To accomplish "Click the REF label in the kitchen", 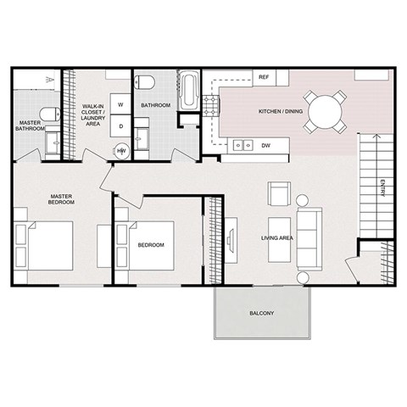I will [264, 76].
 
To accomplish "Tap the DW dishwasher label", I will [265, 146].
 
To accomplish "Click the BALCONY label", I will [261, 313].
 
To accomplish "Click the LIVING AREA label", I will [276, 238].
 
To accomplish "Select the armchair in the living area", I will [278, 194].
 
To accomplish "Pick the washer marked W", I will [120, 105].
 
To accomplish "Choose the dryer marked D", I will [120, 126].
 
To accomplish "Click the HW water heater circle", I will [121, 151].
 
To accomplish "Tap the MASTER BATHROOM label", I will [32, 126].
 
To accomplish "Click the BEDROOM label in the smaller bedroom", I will [150, 245].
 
